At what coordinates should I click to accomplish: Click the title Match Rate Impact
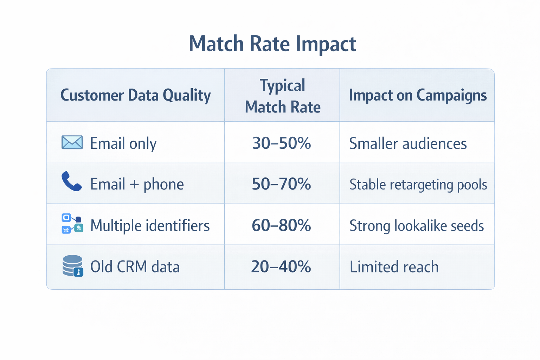(272, 44)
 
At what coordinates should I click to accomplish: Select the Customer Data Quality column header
(135, 95)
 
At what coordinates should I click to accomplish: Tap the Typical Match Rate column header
(282, 96)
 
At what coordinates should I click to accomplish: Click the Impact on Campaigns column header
(418, 95)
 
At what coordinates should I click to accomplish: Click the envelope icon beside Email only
(72, 142)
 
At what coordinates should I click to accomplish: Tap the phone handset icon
(71, 181)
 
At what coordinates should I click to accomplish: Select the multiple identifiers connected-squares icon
(72, 224)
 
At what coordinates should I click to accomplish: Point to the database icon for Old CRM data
(72, 266)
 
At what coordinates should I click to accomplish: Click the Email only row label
(123, 143)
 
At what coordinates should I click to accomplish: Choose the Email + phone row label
(137, 184)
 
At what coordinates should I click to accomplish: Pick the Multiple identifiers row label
(150, 225)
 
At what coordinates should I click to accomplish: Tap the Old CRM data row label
(135, 267)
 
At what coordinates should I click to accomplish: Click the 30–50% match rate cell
(282, 143)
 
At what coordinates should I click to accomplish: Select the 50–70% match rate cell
(282, 184)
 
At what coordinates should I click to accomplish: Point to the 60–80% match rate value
(282, 225)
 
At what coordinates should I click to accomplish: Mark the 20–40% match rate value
(281, 266)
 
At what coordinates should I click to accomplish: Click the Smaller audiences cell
(408, 143)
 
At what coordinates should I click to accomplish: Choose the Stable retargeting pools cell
(418, 185)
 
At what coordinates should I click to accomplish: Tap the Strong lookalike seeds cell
(417, 226)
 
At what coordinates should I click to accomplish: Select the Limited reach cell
(394, 267)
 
